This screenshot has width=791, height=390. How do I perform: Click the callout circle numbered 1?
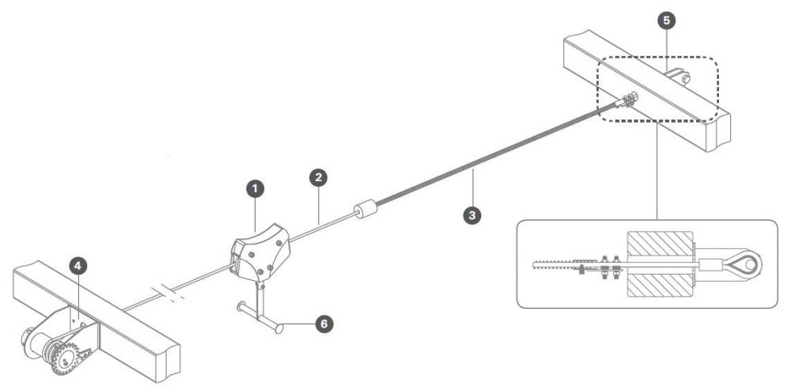pyautogui.click(x=255, y=190)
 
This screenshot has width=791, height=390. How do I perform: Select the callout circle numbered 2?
pyautogui.click(x=318, y=177)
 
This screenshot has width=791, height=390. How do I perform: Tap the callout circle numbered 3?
pyautogui.click(x=471, y=215)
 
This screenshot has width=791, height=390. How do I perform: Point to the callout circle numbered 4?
pyautogui.click(x=78, y=266)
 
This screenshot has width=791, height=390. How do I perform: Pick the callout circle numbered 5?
pyautogui.click(x=667, y=21)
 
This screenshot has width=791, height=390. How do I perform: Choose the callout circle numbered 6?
pyautogui.click(x=324, y=324)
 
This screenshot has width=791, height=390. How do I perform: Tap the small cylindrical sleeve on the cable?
pyautogui.click(x=366, y=209)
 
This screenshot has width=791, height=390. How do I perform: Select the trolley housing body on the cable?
pyautogui.click(x=260, y=252)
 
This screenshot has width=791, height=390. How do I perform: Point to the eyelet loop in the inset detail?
pyautogui.click(x=746, y=264)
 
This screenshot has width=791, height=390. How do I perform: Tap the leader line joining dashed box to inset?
pyautogui.click(x=657, y=171)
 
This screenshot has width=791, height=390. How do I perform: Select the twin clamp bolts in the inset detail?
pyautogui.click(x=610, y=267)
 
